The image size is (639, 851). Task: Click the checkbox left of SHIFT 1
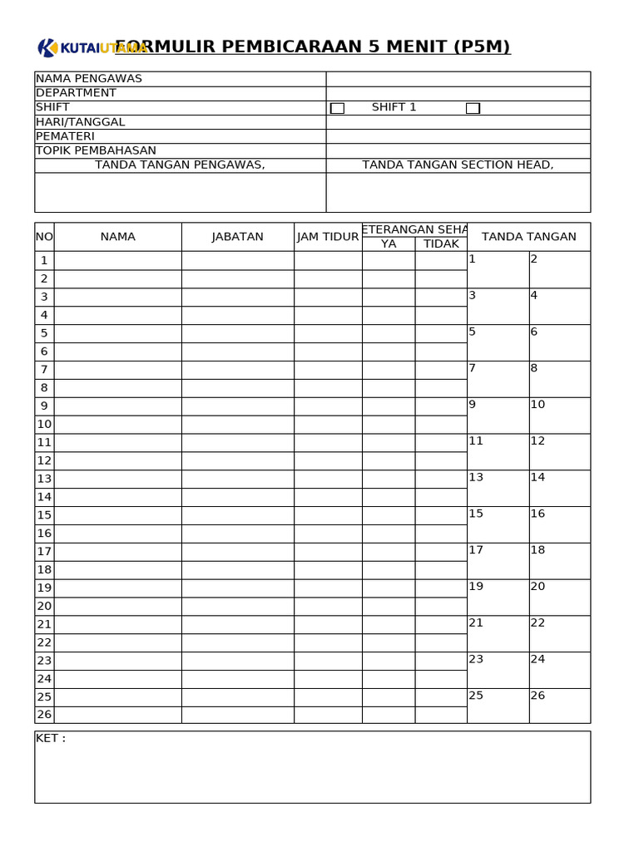tap(337, 108)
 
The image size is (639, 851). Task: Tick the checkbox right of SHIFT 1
tap(473, 108)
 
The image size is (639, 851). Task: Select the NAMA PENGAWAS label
tap(89, 79)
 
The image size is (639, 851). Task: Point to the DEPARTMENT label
tap(76, 93)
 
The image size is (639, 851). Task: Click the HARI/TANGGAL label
tap(81, 122)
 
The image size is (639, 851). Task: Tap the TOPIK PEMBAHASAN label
tap(96, 150)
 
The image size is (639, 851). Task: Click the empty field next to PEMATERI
tap(458, 136)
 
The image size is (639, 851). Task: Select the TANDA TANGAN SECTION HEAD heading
tap(458, 165)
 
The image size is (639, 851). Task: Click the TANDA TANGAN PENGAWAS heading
tap(180, 165)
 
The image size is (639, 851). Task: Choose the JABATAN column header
tap(237, 237)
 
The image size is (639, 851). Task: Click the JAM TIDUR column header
tap(328, 237)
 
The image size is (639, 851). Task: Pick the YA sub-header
tap(389, 243)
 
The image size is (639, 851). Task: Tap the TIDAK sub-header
tap(441, 243)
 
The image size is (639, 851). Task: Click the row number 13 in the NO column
tap(44, 479)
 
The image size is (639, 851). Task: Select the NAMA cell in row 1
tap(117, 260)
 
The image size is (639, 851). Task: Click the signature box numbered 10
tap(559, 416)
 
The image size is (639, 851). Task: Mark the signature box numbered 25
tap(498, 706)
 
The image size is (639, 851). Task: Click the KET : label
tap(51, 738)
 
